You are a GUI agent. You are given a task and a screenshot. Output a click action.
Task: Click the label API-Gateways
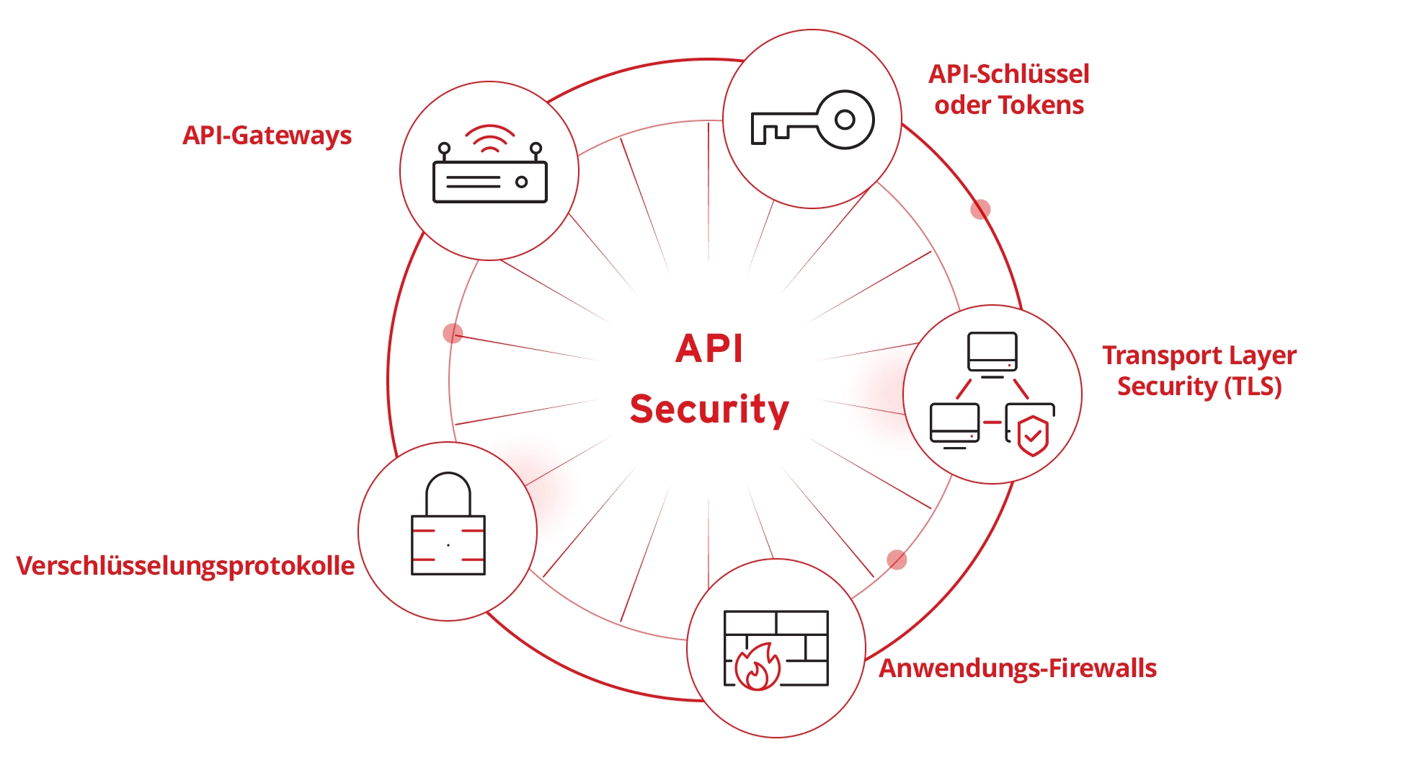pyautogui.click(x=267, y=136)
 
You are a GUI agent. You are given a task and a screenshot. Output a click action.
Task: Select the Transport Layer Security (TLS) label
pyautogui.click(x=1199, y=371)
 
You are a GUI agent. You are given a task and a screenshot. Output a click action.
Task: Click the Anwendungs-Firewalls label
pyautogui.click(x=1017, y=668)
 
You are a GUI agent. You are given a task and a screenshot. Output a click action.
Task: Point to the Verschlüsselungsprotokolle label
pyautogui.click(x=185, y=566)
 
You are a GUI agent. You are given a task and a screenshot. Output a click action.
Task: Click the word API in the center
pyautogui.click(x=709, y=349)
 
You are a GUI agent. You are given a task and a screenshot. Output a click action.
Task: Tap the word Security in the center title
pyautogui.click(x=709, y=410)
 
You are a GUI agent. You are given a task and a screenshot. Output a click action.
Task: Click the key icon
pyautogui.click(x=812, y=120)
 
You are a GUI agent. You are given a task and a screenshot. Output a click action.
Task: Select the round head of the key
pyautogui.click(x=845, y=120)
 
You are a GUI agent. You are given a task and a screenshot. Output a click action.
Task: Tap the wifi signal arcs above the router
pyautogui.click(x=489, y=138)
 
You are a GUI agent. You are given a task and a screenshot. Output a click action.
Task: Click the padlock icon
pyautogui.click(x=448, y=526)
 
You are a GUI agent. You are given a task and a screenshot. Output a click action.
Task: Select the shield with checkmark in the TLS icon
pyautogui.click(x=1033, y=436)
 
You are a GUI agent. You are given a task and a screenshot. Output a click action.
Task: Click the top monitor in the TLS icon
pyautogui.click(x=992, y=352)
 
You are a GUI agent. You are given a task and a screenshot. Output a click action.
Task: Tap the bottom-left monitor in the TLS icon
pyautogui.click(x=954, y=423)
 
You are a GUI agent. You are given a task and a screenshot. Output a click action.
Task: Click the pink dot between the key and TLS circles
pyautogui.click(x=980, y=209)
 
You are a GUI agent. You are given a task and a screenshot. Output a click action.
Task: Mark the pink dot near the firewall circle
pyautogui.click(x=897, y=560)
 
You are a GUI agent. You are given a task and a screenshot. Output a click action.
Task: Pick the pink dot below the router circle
pyautogui.click(x=453, y=333)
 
